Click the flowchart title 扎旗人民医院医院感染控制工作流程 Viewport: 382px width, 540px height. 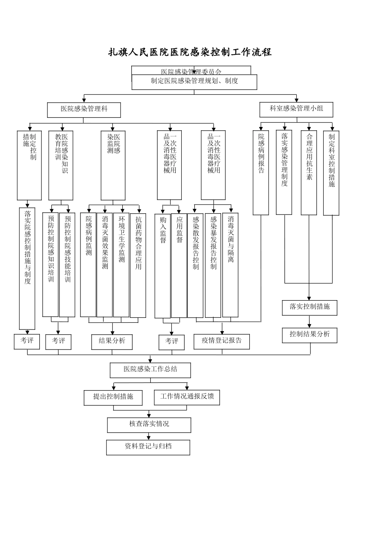tap(190, 52)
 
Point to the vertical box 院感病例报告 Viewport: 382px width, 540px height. tap(261, 173)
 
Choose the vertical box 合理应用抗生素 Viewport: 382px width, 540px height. tap(309, 173)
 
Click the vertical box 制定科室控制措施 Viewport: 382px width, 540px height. tap(331, 173)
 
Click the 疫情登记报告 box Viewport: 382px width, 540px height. tap(222, 341)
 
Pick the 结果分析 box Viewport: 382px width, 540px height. tap(112, 342)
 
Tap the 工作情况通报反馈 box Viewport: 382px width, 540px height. tap(187, 397)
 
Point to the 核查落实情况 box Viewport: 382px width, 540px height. tap(149, 425)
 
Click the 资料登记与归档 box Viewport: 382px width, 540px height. tap(148, 447)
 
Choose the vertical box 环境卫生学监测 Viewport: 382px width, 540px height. tap(121, 265)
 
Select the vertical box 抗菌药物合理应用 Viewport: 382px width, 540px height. tap(138, 265)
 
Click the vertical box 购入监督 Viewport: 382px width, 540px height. tap(163, 265)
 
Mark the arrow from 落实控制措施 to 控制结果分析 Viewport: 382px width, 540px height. tap(310, 322)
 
